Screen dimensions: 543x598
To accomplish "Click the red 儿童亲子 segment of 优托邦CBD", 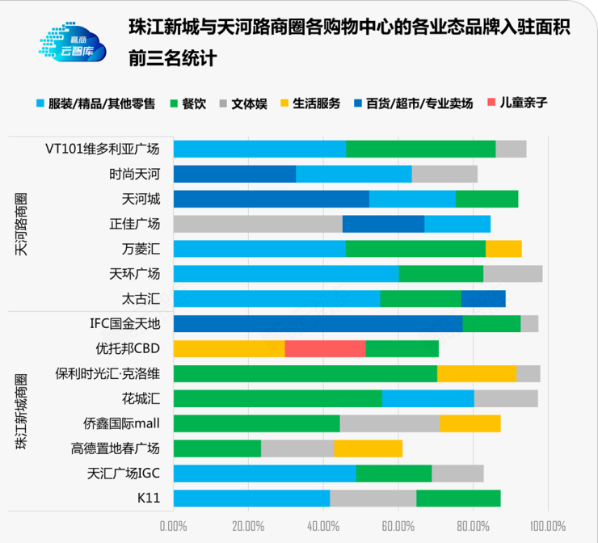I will [325, 348].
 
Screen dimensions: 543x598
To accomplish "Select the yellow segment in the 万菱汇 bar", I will [503, 249].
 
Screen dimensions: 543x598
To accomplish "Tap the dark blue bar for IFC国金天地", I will [318, 324].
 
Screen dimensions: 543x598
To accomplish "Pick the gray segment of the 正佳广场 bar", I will [258, 224].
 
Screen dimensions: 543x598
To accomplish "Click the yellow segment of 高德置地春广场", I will [368, 448].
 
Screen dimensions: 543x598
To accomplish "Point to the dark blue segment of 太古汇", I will [483, 299].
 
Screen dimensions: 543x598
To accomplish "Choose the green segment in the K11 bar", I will [458, 499].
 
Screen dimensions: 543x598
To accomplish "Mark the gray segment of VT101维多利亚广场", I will [511, 149].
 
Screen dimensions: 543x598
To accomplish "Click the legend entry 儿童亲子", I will [517, 103].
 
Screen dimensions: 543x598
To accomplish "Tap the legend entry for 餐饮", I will [187, 103].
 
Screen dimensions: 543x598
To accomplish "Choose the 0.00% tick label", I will [174, 526].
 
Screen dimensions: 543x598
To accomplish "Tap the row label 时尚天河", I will [135, 174].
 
